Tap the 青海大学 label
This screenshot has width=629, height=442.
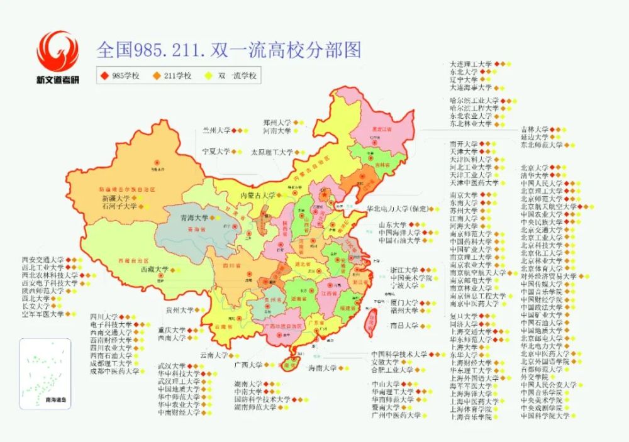(193, 218)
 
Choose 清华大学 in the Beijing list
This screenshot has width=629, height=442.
(535, 176)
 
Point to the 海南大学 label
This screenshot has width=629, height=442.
(322, 368)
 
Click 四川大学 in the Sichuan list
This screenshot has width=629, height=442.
(104, 316)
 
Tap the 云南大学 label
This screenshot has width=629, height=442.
(214, 355)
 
